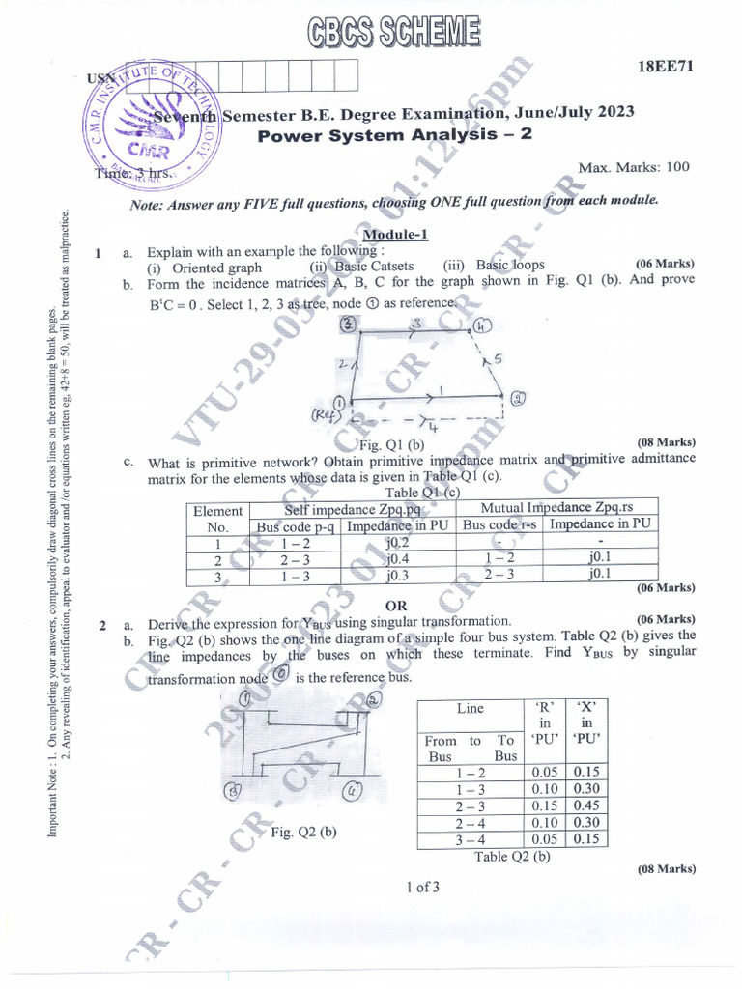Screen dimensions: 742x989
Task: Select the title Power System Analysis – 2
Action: pyautogui.click(x=395, y=134)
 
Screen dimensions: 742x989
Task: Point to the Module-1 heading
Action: pyautogui.click(x=394, y=235)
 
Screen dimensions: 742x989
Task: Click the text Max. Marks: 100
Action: pyautogui.click(x=634, y=167)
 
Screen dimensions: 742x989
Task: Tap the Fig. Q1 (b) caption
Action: pyautogui.click(x=391, y=444)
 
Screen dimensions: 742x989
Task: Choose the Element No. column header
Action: pyautogui.click(x=217, y=519)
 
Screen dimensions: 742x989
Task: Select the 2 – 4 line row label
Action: pyautogui.click(x=470, y=822)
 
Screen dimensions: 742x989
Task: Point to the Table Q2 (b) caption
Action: pyautogui.click(x=512, y=855)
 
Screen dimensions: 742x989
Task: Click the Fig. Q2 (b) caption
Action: pyautogui.click(x=303, y=832)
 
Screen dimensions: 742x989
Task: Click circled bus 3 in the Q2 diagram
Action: pyautogui.click(x=233, y=792)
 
